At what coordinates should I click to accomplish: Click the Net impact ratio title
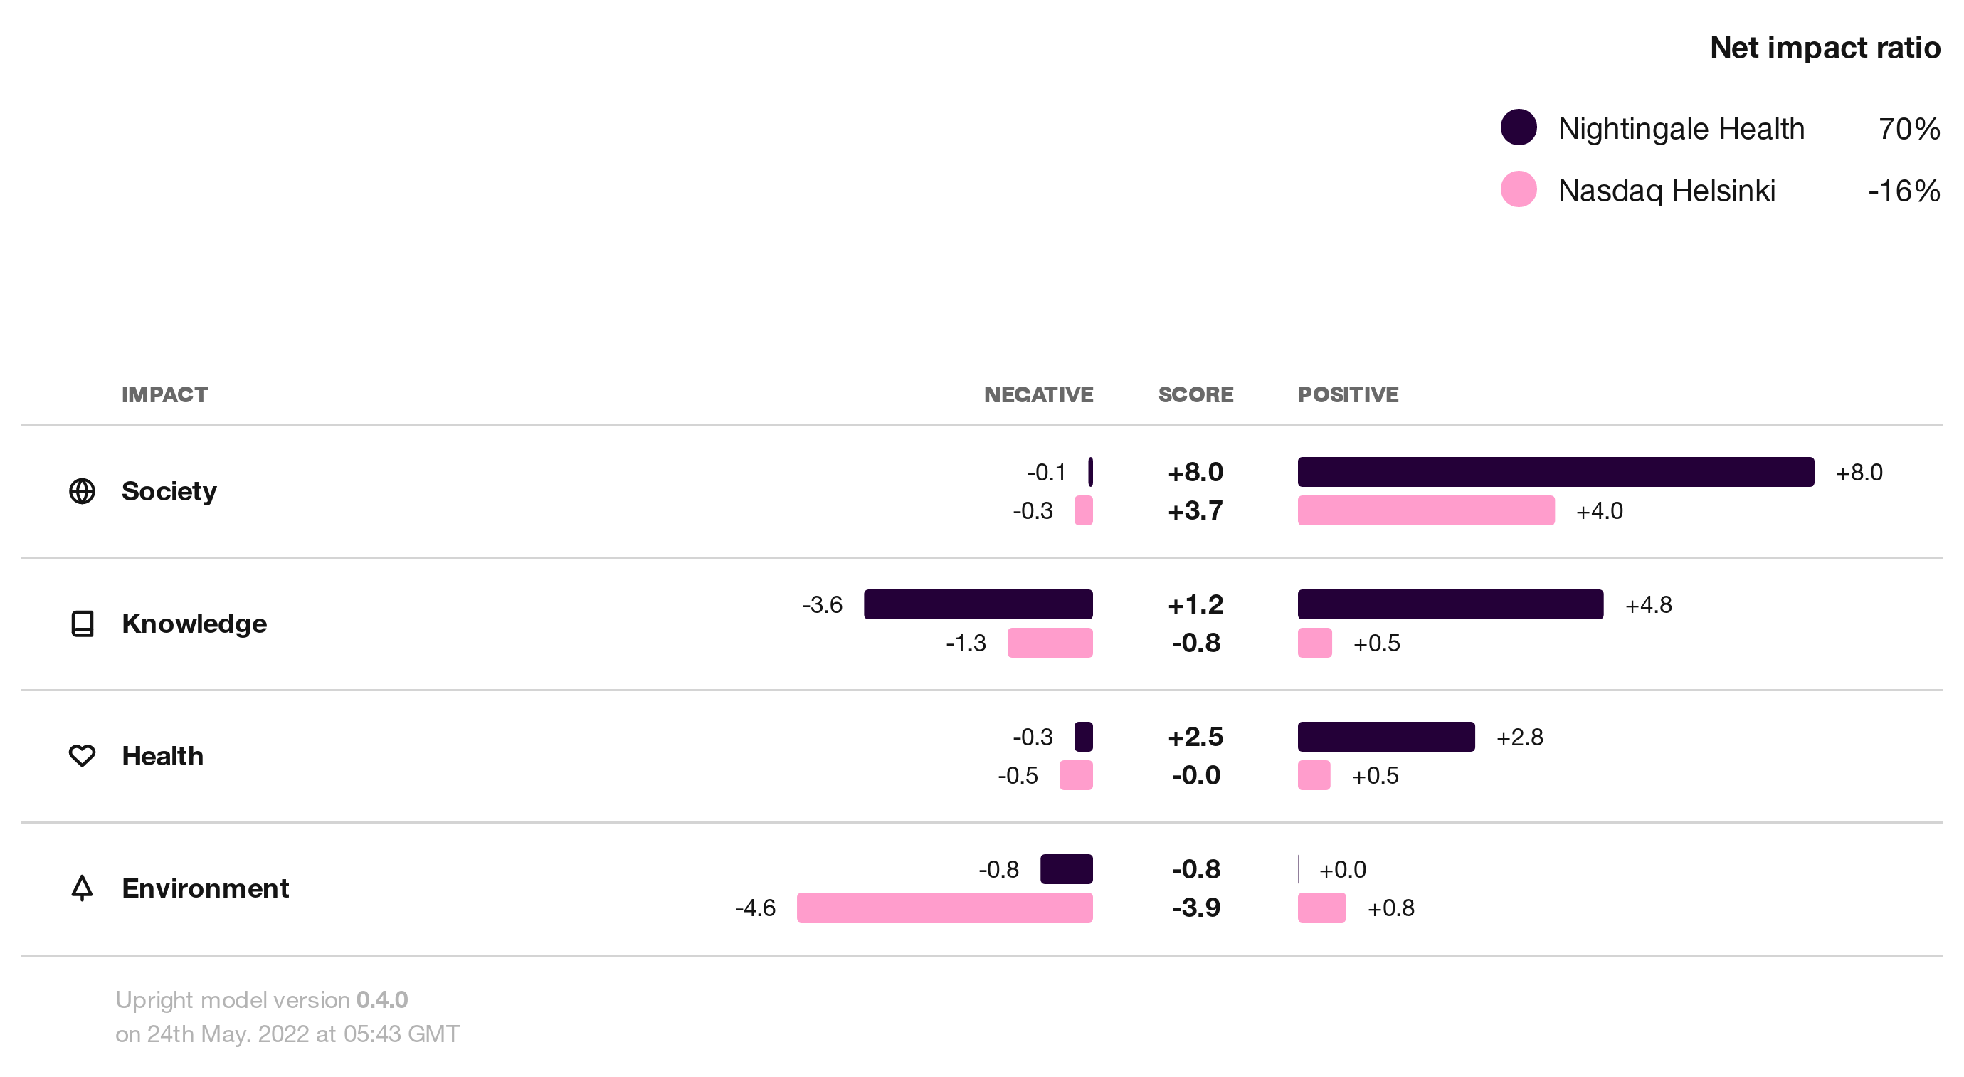1825,47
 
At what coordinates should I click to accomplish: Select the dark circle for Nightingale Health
1518,127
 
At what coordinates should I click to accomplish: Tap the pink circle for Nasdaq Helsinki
1518,189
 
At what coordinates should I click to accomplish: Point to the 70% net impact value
1908,128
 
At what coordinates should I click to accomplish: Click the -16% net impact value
1903,190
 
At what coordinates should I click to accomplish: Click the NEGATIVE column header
1038,394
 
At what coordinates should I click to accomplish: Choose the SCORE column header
1195,394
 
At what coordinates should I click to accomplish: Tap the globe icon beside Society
83,491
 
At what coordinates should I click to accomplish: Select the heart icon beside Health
83,756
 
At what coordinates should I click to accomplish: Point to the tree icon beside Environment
83,888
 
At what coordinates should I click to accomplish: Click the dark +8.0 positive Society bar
1556,472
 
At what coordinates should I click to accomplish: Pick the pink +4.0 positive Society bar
1426,510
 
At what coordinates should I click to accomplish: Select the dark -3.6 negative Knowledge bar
978,604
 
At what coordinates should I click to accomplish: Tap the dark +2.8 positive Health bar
1385,737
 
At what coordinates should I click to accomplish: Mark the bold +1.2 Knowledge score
1195,605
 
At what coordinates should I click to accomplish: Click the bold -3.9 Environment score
1195,908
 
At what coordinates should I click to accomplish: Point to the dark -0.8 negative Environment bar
1066,868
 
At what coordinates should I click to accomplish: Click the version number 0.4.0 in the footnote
382,999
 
